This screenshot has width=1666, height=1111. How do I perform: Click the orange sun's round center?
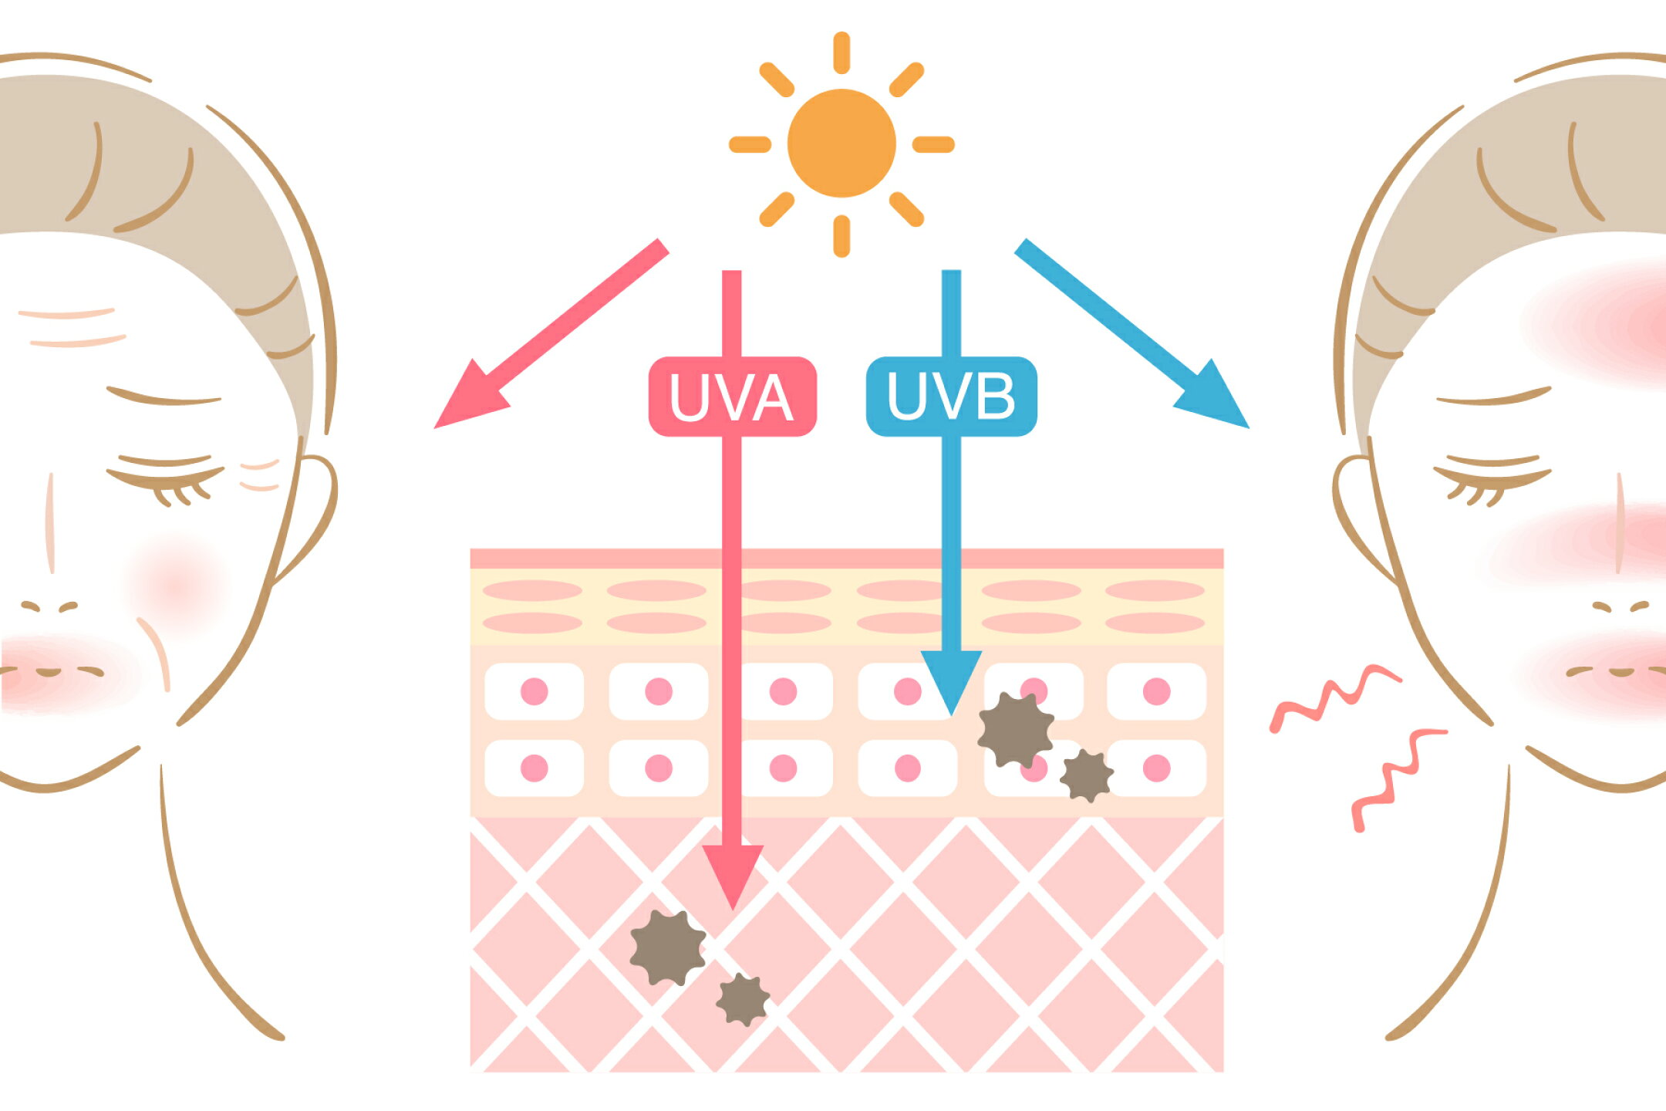coord(841,144)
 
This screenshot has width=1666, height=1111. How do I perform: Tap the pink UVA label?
coord(732,397)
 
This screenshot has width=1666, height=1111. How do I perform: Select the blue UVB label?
coord(951,397)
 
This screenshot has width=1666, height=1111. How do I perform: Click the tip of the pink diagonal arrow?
coord(435,427)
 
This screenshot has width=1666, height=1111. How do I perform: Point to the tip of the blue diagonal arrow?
coord(1248,427)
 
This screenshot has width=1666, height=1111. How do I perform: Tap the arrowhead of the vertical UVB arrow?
coord(951,683)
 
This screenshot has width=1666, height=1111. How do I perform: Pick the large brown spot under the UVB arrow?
coord(1016,730)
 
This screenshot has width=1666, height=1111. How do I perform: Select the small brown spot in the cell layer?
coord(1087,775)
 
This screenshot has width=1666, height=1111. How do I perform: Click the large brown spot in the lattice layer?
coord(667,947)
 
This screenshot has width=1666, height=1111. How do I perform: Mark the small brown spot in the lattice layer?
coord(742,999)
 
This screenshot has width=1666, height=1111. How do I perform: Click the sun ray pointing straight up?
coord(841,52)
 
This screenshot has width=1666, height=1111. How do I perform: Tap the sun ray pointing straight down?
coord(841,236)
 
